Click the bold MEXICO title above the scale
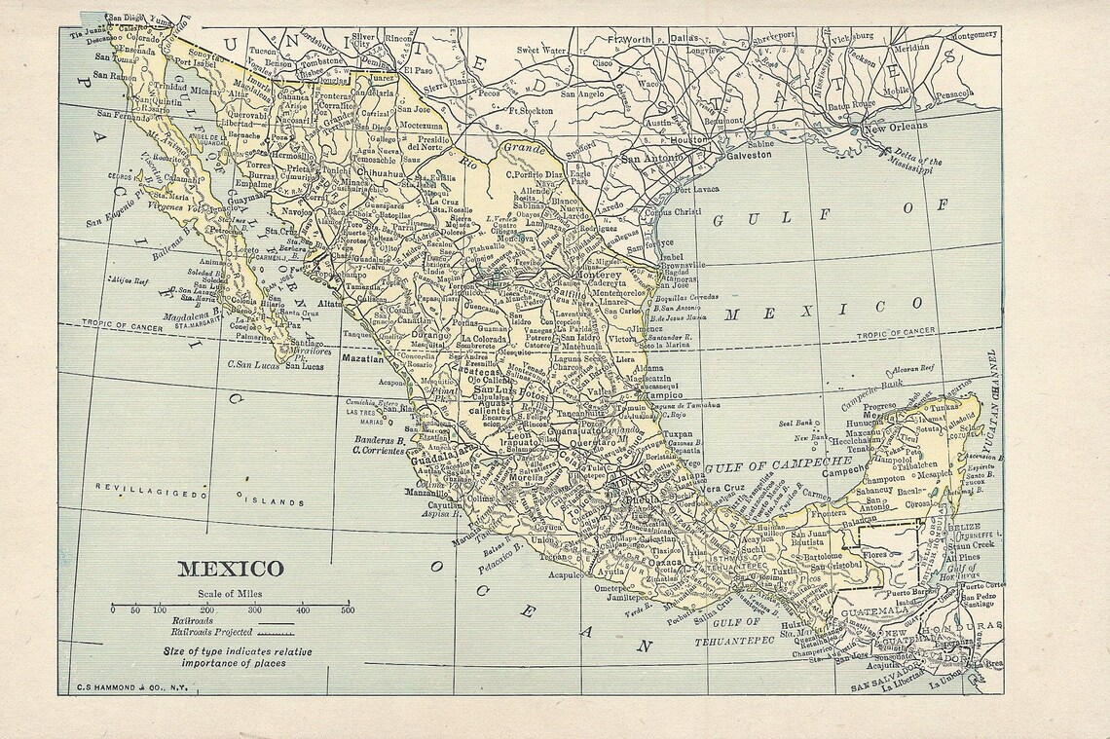pos(230,569)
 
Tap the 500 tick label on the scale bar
pos(347,610)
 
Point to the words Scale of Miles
pos(230,593)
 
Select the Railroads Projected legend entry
pos(207,631)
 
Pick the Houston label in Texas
pos(688,139)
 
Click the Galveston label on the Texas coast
pos(748,155)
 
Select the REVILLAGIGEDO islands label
pos(151,493)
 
